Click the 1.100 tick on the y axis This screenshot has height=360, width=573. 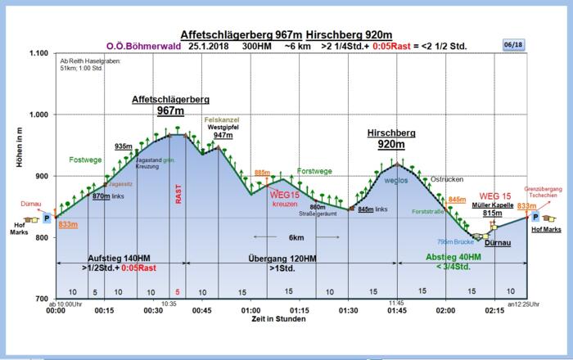click(x=38, y=54)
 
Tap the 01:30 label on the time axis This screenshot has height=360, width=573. click(x=348, y=311)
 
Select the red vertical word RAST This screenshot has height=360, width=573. click(x=178, y=193)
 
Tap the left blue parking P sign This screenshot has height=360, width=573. click(x=47, y=218)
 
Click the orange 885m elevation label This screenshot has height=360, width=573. click(x=262, y=173)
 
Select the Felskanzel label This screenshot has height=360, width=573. click(x=219, y=119)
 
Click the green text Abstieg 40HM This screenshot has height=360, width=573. click(x=461, y=257)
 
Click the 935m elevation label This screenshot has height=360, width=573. click(x=124, y=146)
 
